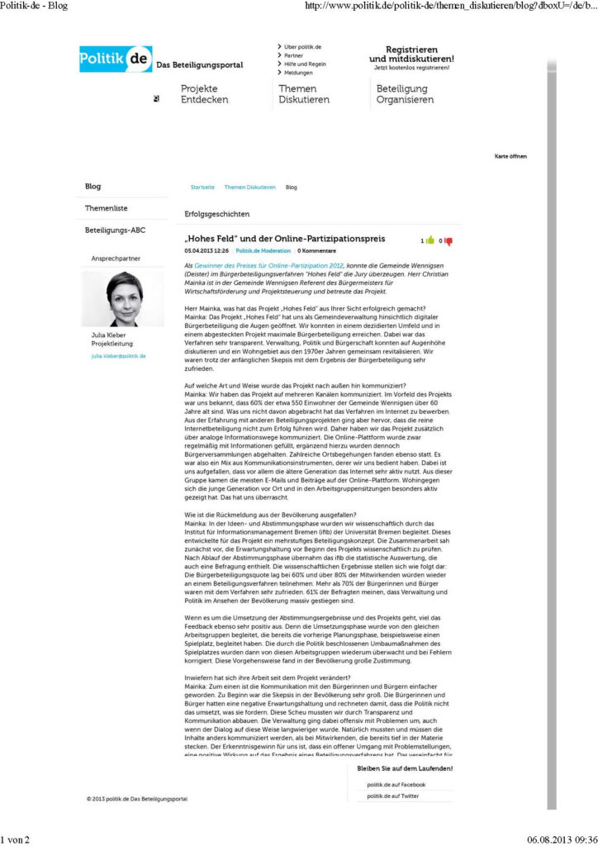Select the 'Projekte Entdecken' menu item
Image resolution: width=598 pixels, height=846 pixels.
point(199,94)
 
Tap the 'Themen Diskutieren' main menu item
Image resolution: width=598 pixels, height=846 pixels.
point(303,94)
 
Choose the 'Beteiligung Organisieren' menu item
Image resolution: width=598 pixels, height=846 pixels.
point(405,94)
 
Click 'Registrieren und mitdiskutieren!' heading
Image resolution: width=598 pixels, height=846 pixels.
point(411,55)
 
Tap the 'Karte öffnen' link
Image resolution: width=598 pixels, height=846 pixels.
point(510,156)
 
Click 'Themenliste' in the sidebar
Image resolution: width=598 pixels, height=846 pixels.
point(107,208)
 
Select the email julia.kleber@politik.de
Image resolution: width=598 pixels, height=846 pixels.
point(118,355)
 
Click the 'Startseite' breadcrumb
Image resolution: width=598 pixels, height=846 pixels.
point(202,188)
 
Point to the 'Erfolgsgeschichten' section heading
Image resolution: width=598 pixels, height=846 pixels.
point(216,214)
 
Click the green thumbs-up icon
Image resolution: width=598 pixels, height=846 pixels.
point(430,240)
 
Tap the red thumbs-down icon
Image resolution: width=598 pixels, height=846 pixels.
point(449,240)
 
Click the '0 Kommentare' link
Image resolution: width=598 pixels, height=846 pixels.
point(316,250)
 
